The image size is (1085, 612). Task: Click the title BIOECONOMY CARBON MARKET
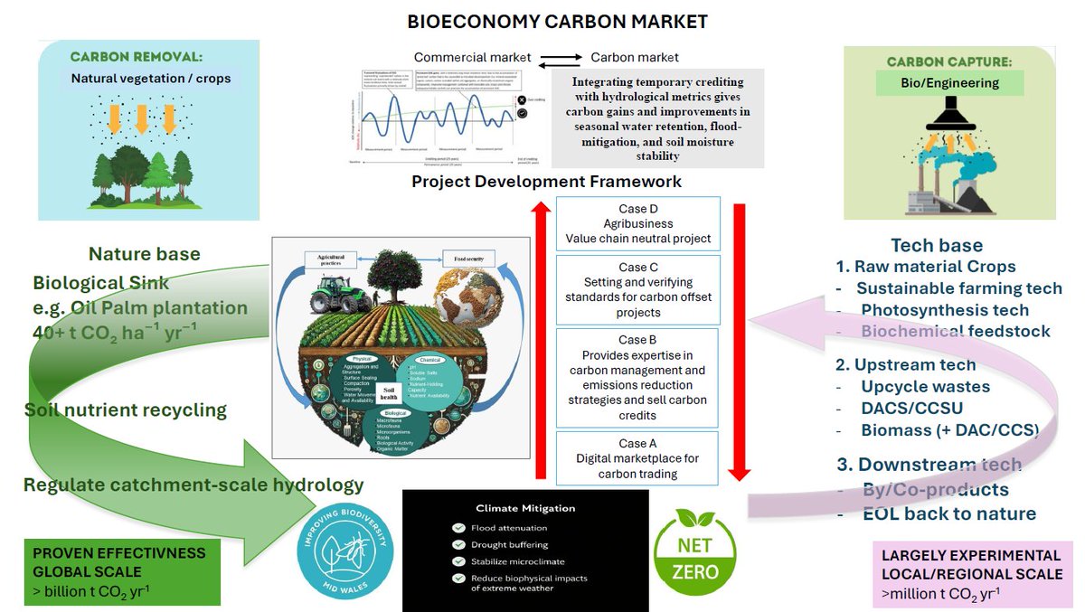(x=557, y=21)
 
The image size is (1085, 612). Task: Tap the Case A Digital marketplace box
(x=637, y=458)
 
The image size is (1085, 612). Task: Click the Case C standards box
(x=637, y=289)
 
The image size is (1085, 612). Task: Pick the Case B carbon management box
(x=637, y=378)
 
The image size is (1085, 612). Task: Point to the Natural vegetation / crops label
(x=151, y=79)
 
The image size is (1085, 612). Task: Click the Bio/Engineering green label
(x=948, y=83)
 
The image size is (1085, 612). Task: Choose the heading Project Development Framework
(x=546, y=182)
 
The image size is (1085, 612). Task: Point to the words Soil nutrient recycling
(x=126, y=410)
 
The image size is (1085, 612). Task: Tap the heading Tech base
(x=936, y=246)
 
